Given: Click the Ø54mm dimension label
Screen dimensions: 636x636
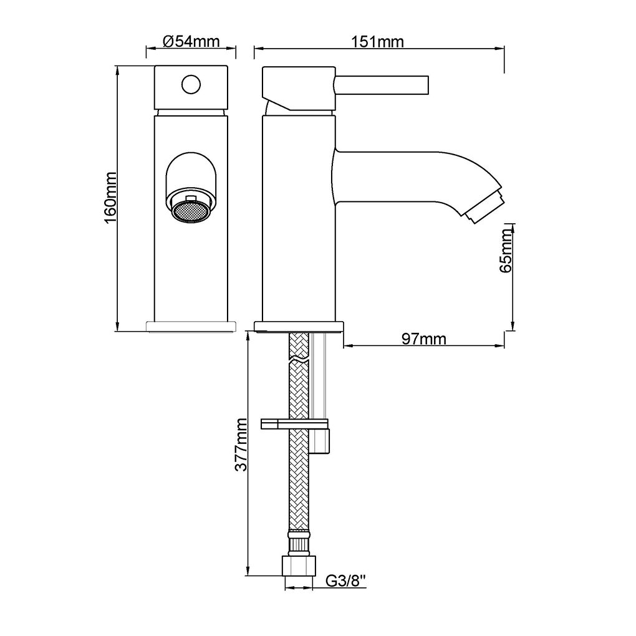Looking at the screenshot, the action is click(x=191, y=41).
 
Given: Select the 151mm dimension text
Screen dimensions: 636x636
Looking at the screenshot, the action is click(x=377, y=42).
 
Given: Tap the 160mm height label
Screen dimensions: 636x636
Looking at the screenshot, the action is click(x=110, y=198).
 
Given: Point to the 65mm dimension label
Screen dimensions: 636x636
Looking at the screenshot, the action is click(x=506, y=250).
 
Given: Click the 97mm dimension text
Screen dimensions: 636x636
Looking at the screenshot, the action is click(x=424, y=339).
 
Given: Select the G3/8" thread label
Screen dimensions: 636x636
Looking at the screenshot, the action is click(x=346, y=581).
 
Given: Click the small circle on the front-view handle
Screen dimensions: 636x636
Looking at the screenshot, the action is click(x=191, y=84).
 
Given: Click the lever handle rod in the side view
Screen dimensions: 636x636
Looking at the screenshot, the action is click(x=381, y=85).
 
